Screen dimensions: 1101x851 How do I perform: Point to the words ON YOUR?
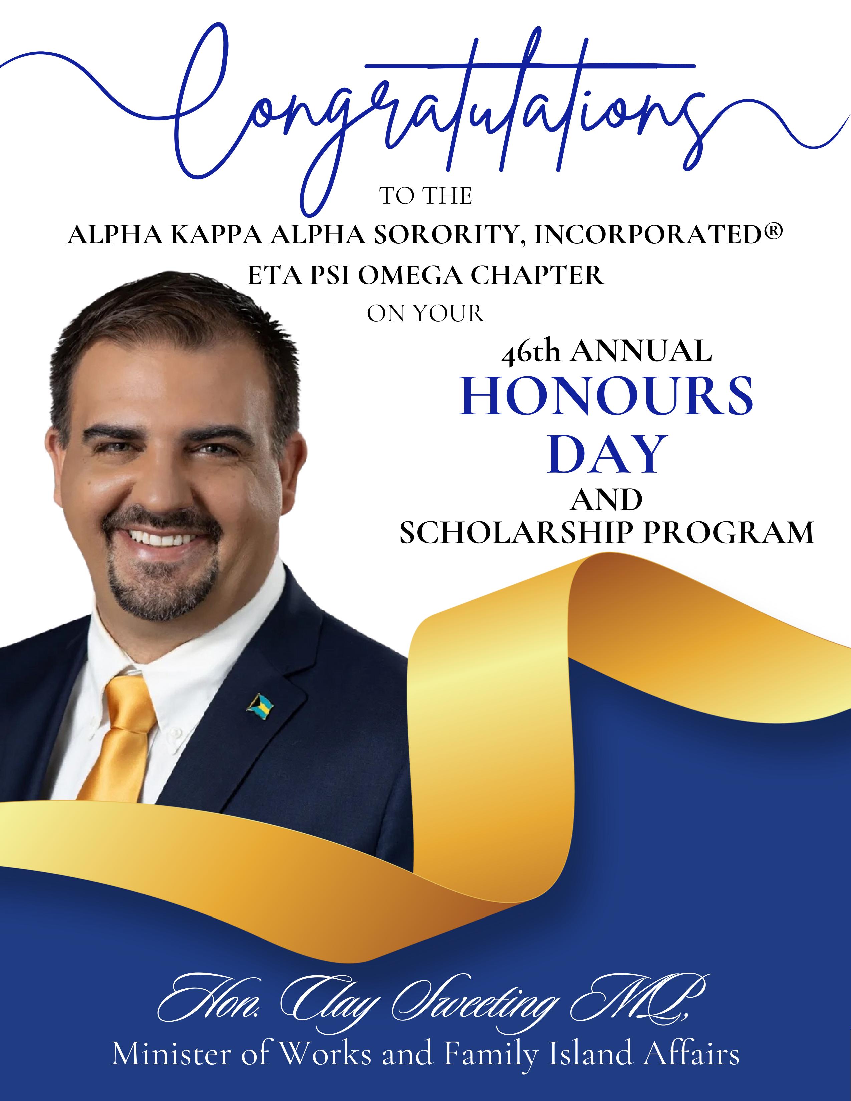point(425,314)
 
